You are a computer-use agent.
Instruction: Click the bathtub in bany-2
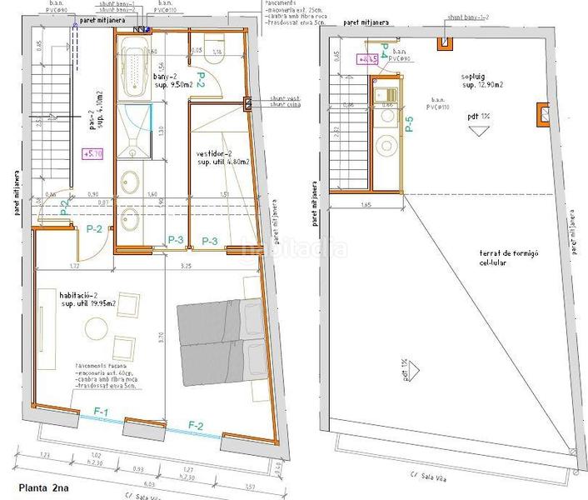(x=133, y=67)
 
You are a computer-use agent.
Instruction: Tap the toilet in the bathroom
(x=213, y=58)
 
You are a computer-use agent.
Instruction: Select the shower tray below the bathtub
(x=133, y=129)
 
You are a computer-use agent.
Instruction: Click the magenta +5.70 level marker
(x=92, y=152)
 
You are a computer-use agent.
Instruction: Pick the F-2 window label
(x=197, y=426)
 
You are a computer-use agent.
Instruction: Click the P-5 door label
(x=408, y=125)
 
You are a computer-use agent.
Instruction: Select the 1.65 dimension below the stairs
(x=365, y=202)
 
